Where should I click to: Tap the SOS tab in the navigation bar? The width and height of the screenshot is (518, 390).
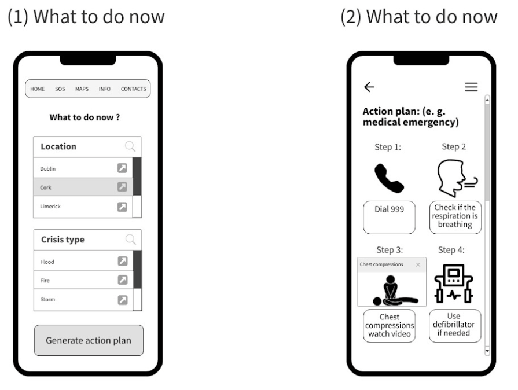click(x=60, y=89)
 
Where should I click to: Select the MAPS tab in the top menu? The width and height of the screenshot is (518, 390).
click(x=82, y=89)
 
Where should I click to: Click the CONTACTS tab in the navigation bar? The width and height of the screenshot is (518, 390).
click(x=133, y=89)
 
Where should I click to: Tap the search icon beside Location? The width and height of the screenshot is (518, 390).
click(x=130, y=146)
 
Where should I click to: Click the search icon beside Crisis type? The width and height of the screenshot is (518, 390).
click(x=131, y=240)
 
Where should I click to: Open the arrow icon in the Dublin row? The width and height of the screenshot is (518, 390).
click(x=122, y=168)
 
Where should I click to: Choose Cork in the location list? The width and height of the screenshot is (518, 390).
click(x=46, y=187)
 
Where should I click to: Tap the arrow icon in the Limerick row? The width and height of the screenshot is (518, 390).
click(x=122, y=207)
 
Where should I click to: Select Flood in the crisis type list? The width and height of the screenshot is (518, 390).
click(x=47, y=262)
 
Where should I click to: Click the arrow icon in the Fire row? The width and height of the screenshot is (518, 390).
click(x=123, y=280)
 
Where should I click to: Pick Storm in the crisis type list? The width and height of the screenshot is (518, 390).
click(x=47, y=300)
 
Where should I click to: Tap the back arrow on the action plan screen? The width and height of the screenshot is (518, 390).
click(x=369, y=87)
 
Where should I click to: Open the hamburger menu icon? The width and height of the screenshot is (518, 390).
click(x=472, y=87)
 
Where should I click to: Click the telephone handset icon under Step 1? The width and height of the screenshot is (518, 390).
click(x=389, y=178)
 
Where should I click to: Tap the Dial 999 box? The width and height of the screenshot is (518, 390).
click(x=389, y=218)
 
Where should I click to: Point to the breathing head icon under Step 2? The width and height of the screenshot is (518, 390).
click(x=457, y=178)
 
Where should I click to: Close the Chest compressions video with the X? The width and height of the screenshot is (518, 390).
click(x=418, y=264)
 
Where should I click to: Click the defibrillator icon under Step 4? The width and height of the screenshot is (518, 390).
click(x=454, y=284)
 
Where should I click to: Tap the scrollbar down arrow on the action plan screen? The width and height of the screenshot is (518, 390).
click(x=487, y=351)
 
